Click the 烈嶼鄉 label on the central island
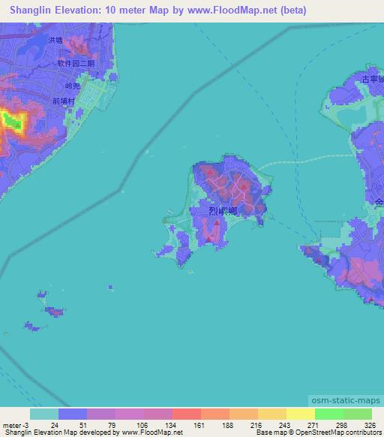tap(223, 212)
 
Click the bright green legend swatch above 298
tap(328, 414)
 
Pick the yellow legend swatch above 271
tap(300, 414)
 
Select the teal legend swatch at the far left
tap(44, 414)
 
